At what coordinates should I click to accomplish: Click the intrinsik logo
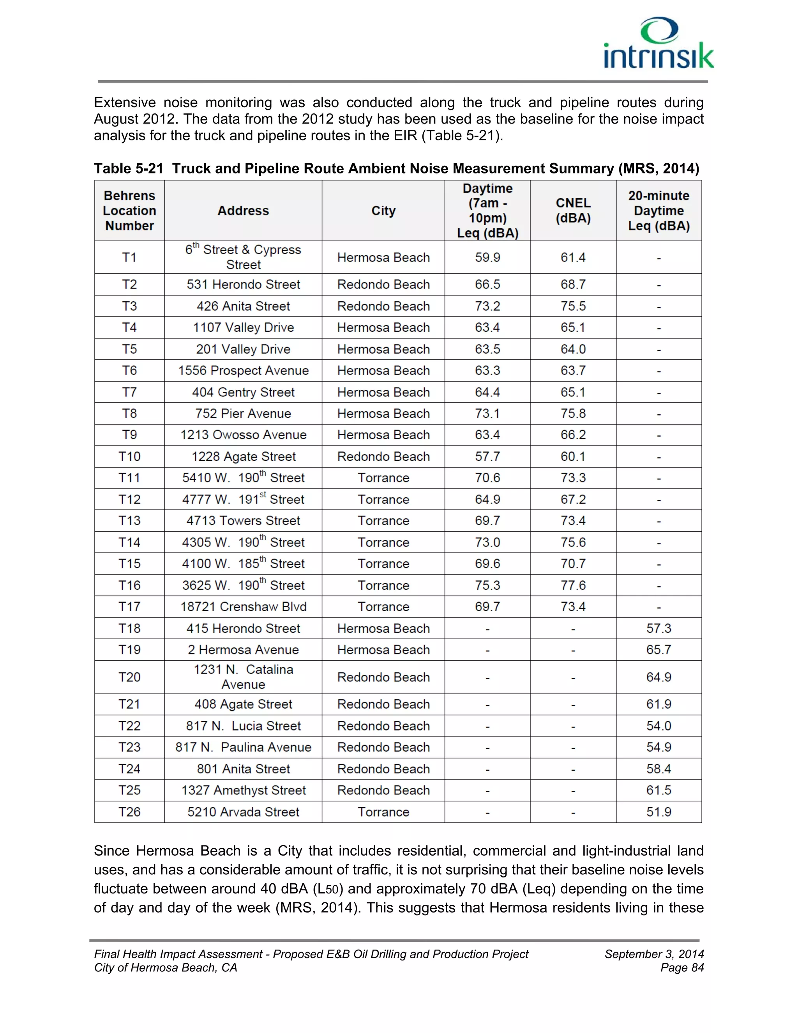pos(658,44)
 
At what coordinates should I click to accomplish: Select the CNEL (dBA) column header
pos(573,210)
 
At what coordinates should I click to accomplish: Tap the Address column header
pos(243,210)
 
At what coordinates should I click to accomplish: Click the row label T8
pos(129,413)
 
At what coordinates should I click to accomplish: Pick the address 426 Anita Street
pos(243,306)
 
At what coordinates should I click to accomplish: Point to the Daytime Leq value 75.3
pos(487,585)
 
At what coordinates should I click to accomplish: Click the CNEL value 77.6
pos(573,585)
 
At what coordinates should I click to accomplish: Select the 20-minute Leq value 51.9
pos(659,812)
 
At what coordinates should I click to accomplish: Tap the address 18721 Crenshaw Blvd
pos(243,607)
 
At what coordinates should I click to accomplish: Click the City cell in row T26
pos(383,812)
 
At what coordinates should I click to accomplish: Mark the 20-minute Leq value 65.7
pos(659,649)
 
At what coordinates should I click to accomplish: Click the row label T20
pos(129,677)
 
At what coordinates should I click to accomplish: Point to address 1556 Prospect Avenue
pos(243,370)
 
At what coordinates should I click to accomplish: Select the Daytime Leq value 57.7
pos(487,456)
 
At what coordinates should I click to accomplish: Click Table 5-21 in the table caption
pos(129,168)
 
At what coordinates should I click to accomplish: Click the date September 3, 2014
pos(654,954)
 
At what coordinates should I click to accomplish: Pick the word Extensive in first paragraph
pos(125,102)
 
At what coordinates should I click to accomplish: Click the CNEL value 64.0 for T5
pos(573,349)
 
